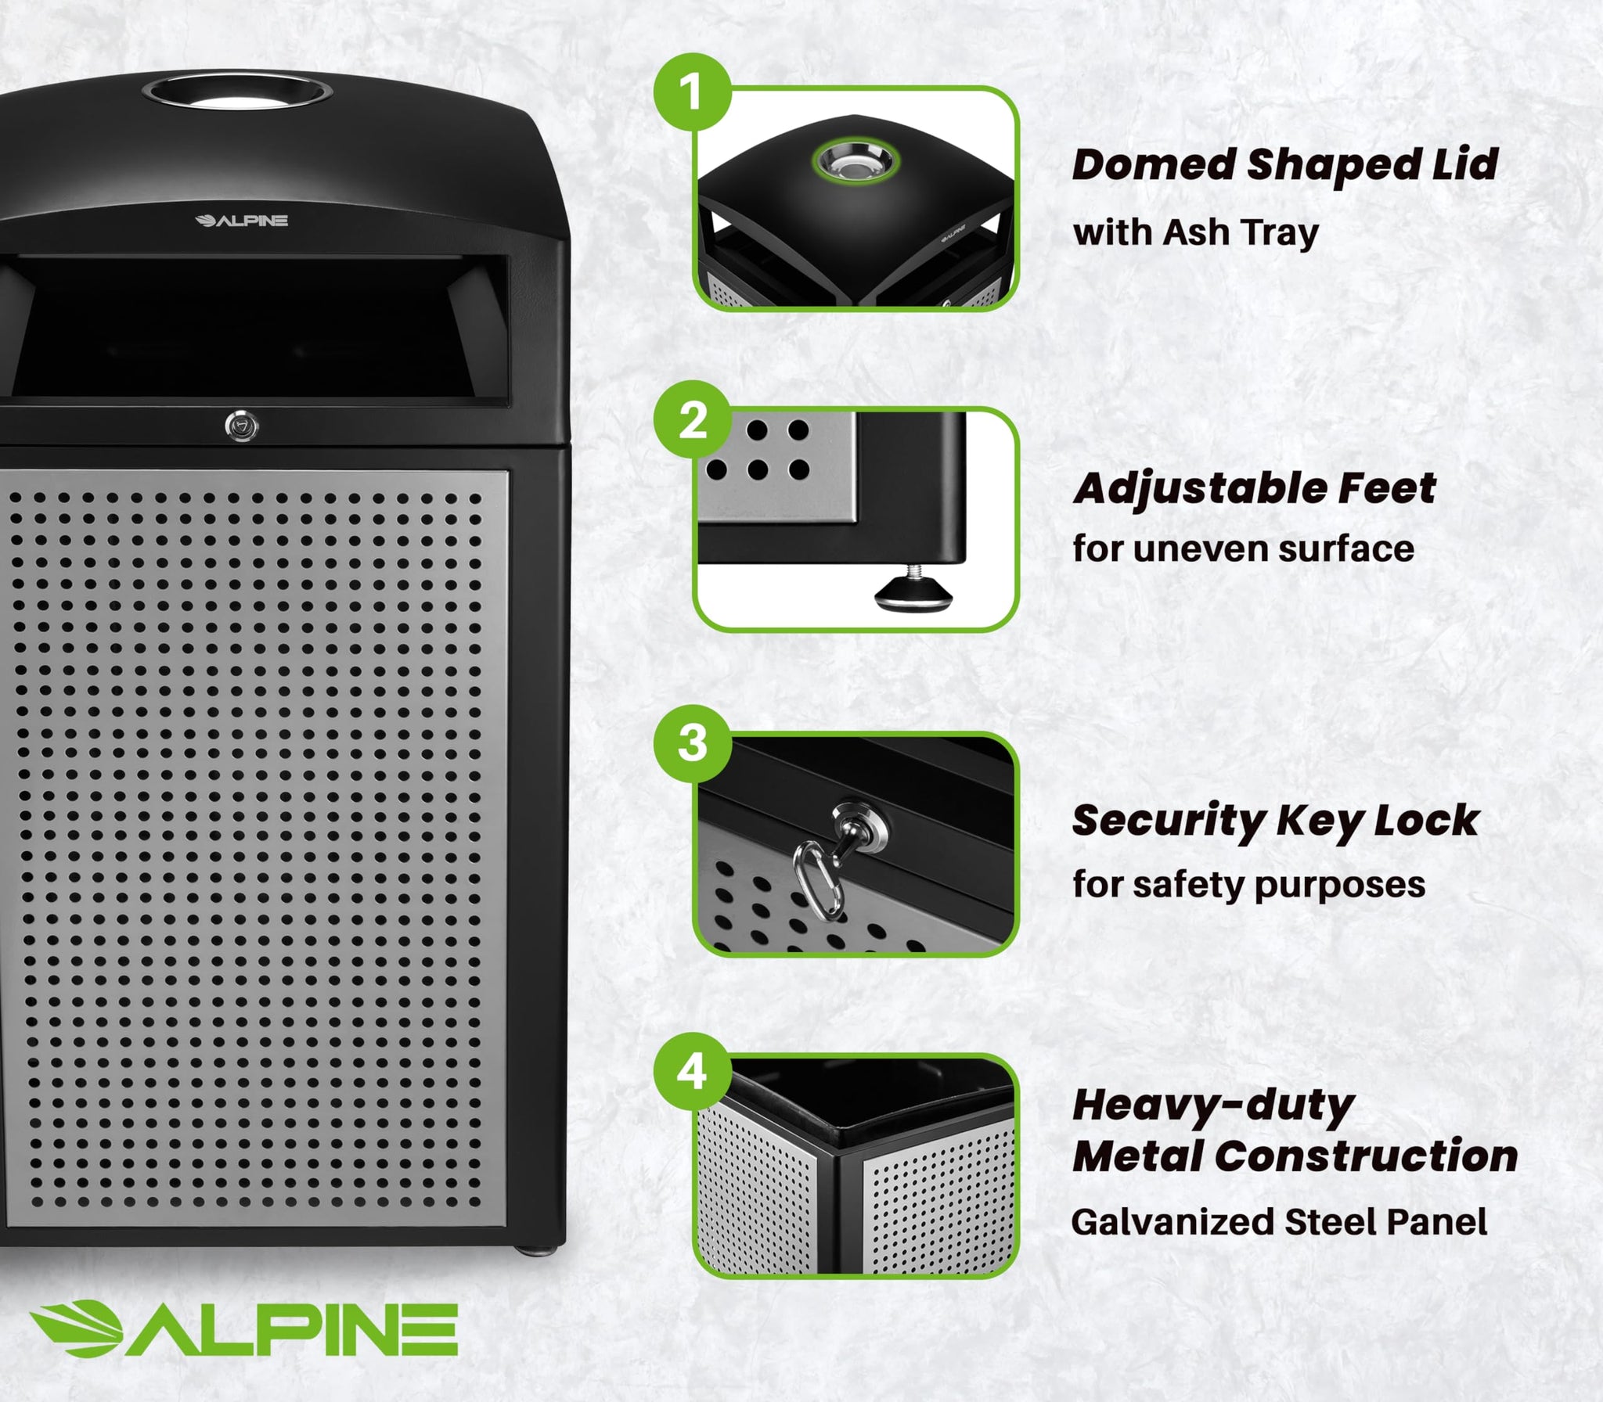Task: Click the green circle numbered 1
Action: tap(692, 92)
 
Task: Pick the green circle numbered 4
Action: tap(692, 1071)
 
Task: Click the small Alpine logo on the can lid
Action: tap(241, 221)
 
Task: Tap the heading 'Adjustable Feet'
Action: tap(1254, 489)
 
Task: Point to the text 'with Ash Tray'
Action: tap(1195, 232)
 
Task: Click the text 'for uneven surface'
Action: tap(1243, 548)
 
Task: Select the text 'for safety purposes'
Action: tap(1248, 885)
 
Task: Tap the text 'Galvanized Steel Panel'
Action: tap(1279, 1221)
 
